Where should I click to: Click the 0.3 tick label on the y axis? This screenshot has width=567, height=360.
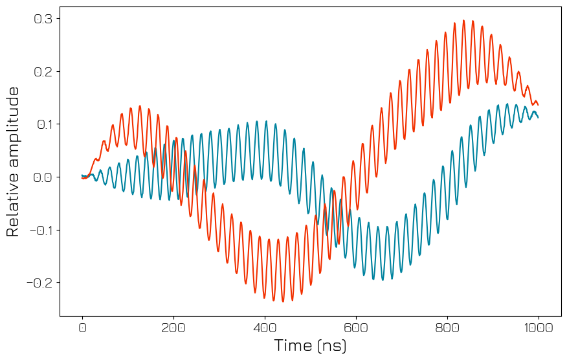(43, 19)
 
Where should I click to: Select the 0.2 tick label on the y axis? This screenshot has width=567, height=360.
(43, 71)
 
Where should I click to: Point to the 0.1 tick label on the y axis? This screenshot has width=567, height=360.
(43, 124)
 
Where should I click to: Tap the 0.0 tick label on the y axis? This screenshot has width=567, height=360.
(43, 177)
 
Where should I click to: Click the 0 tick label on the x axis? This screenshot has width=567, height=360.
(82, 328)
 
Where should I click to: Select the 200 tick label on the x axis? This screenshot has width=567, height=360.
(173, 328)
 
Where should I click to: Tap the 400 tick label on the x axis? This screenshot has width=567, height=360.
(265, 328)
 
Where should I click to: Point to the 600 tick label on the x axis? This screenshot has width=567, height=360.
(356, 328)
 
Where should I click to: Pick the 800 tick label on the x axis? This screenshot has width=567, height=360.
(447, 328)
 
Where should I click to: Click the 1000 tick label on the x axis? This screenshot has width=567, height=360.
(539, 328)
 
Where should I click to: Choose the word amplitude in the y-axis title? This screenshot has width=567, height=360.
(14, 123)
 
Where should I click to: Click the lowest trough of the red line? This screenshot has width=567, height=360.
(274, 302)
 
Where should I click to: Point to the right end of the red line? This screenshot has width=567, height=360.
(538, 105)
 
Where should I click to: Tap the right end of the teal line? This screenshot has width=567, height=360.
(538, 117)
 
